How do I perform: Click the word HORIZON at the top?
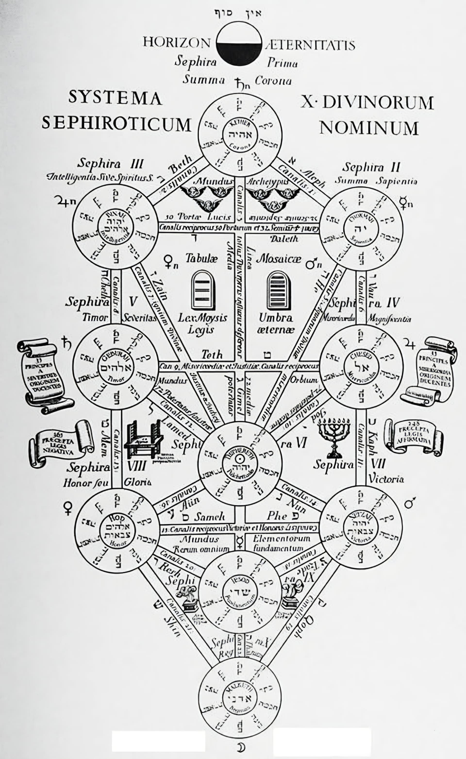click(x=176, y=42)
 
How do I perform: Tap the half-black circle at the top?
click(x=239, y=43)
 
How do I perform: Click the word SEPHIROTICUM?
click(x=116, y=124)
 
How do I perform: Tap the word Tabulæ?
click(x=201, y=258)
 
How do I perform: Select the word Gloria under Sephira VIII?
click(x=137, y=482)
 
